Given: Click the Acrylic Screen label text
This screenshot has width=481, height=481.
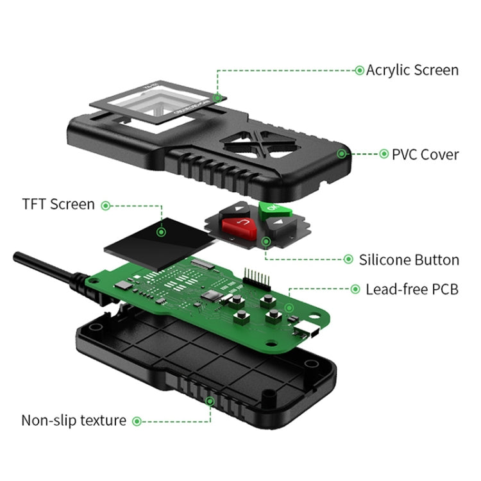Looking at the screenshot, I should tap(412, 70).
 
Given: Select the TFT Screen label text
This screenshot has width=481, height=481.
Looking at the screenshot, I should tap(58, 205).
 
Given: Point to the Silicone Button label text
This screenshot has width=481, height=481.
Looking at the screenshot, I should tap(409, 260).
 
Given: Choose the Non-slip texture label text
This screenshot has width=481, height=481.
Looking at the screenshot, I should tap(74, 421).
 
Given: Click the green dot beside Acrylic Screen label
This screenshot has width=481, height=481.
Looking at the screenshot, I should tap(359, 70).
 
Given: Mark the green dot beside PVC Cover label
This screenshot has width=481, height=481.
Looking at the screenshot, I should tap(384, 154).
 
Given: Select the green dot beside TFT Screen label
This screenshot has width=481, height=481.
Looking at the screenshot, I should tap(106, 205).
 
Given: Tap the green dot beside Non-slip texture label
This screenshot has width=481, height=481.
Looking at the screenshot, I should tap(137, 421).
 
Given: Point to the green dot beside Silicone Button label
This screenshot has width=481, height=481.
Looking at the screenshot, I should tap(348, 260).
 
